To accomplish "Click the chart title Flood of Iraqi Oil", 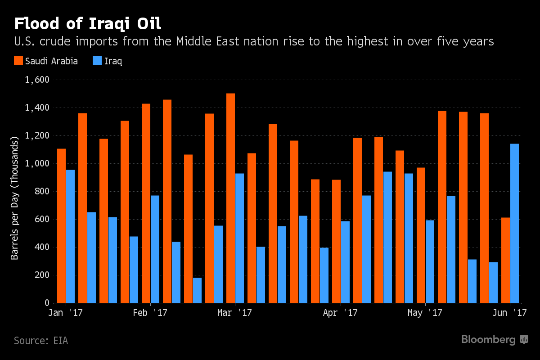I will pyautogui.click(x=88, y=23).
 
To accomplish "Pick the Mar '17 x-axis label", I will pyautogui.click(x=234, y=313).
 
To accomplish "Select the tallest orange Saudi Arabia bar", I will pyautogui.click(x=230, y=198).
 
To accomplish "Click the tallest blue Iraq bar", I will pyautogui.click(x=514, y=223).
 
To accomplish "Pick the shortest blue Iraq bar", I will pyautogui.click(x=197, y=290).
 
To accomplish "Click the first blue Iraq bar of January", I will pyautogui.click(x=70, y=236).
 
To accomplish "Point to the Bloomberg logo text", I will pyautogui.click(x=488, y=340).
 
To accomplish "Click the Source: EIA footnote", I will pyautogui.click(x=41, y=341).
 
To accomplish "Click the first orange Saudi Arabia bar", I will pyautogui.click(x=61, y=225).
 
